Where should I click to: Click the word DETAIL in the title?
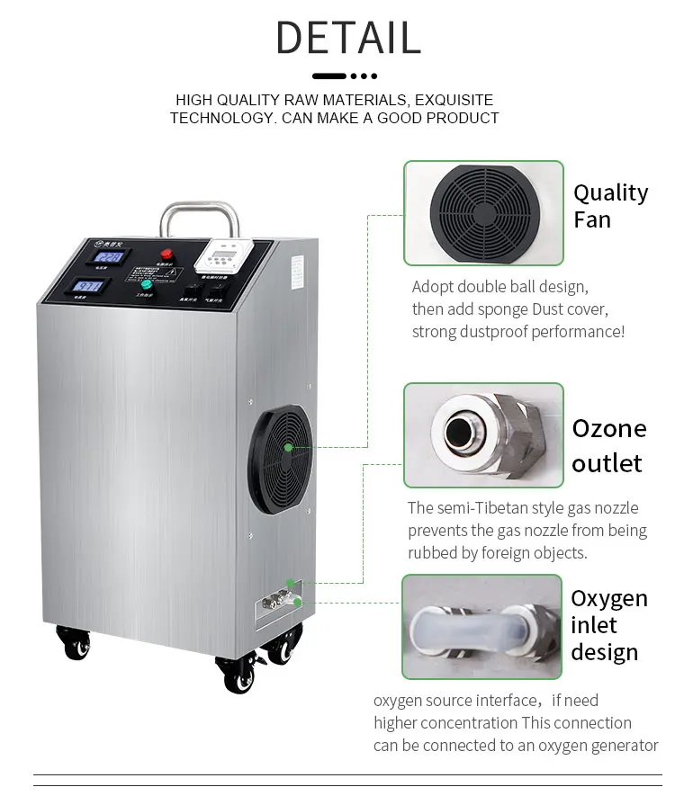(x=347, y=38)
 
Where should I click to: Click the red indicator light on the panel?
(x=166, y=255)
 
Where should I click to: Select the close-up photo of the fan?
(x=483, y=213)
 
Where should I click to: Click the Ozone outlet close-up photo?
(x=483, y=435)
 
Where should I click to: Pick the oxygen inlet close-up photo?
(x=482, y=628)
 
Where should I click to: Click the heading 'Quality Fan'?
(x=610, y=206)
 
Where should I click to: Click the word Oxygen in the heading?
(x=608, y=599)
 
